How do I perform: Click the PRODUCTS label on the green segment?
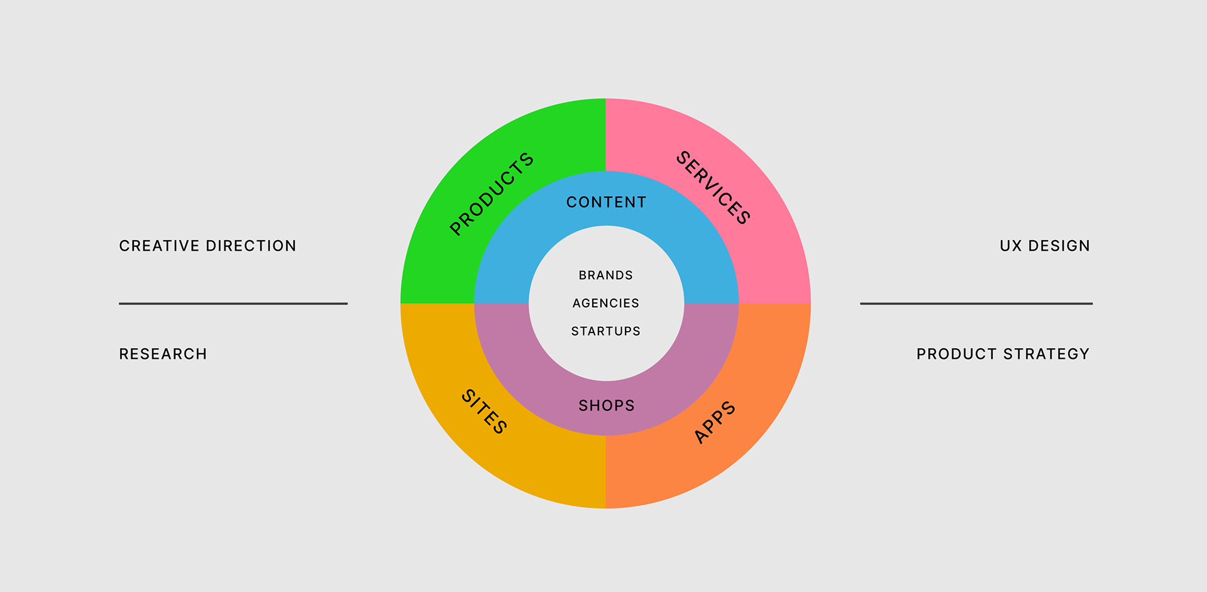point(492,194)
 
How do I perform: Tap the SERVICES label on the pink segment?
point(713,187)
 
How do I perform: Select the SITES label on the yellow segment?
point(484,412)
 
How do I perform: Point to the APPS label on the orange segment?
point(715,422)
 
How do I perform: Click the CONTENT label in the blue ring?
point(606,202)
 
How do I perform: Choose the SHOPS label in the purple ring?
point(607,406)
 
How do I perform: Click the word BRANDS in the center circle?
point(606,275)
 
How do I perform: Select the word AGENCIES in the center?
point(606,304)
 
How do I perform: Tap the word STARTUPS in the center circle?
point(606,331)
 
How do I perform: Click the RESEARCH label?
point(163,354)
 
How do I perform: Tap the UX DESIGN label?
point(1045,246)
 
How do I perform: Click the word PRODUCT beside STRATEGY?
point(957,354)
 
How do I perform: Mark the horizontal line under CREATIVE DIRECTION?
point(233,304)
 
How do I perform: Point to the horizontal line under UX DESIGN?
point(976,304)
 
